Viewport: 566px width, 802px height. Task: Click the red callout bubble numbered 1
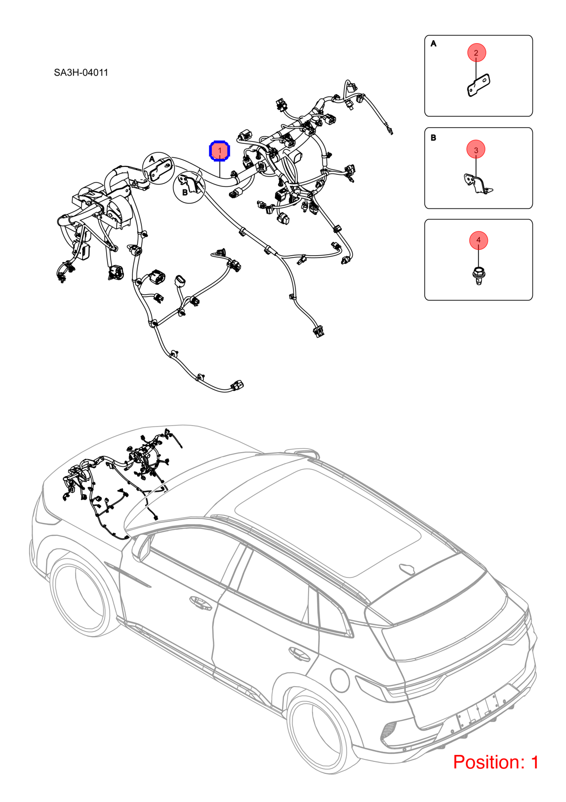[219, 151]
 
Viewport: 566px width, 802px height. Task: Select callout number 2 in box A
[476, 53]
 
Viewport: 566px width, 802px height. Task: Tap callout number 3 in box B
[476, 150]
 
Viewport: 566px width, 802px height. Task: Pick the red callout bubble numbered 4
[478, 240]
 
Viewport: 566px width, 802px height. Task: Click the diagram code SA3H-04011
[81, 73]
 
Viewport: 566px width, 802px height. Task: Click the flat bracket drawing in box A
[479, 85]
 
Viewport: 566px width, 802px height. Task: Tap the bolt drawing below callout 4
[478, 276]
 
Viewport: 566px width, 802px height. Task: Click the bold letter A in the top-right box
[433, 44]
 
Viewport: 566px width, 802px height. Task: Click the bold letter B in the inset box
[433, 137]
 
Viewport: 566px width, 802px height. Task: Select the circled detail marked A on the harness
[158, 168]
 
